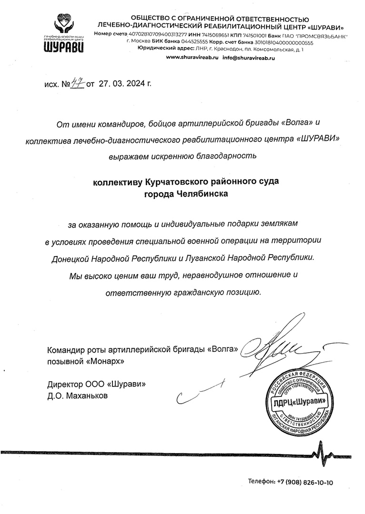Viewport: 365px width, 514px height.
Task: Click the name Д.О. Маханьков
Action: pyautogui.click(x=78, y=395)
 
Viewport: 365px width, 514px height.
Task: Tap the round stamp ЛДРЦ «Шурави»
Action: pyautogui.click(x=298, y=402)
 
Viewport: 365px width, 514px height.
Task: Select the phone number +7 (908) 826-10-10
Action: pyautogui.click(x=305, y=482)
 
